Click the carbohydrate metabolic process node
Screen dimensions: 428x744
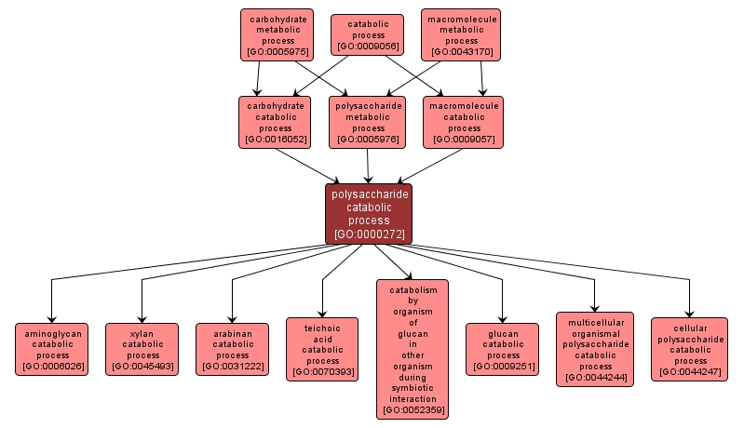(x=277, y=35)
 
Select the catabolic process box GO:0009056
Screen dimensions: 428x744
(x=368, y=35)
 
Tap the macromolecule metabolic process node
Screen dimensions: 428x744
(x=462, y=35)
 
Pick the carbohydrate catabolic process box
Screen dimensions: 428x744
(x=276, y=123)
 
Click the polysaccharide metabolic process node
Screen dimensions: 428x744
(x=368, y=123)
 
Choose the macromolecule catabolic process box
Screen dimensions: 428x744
(x=464, y=123)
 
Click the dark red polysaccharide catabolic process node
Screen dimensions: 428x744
(x=369, y=214)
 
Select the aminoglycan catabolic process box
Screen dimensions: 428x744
(x=53, y=349)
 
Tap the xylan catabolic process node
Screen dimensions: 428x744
(x=142, y=349)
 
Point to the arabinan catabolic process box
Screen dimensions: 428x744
(x=232, y=349)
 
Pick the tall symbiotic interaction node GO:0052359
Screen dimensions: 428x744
(x=413, y=349)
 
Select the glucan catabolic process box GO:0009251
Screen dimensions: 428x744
(x=503, y=349)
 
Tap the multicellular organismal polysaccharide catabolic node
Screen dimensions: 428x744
(x=594, y=349)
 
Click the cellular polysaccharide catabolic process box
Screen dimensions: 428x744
(x=690, y=349)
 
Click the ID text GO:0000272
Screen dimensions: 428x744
(x=369, y=234)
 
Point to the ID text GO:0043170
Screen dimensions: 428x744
(x=462, y=52)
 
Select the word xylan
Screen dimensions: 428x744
(x=142, y=332)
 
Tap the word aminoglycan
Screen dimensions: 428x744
(x=53, y=332)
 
